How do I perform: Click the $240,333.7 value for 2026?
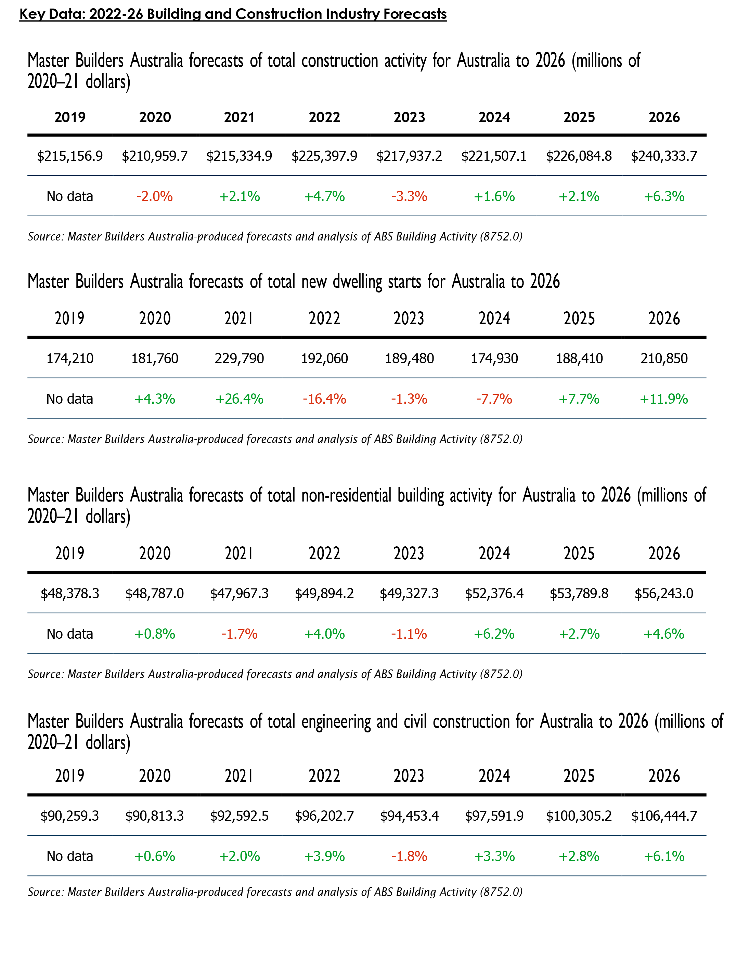[664, 156]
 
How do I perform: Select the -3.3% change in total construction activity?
[409, 197]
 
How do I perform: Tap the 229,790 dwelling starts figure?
[240, 358]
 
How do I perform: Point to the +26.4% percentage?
[240, 399]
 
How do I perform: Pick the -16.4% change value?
[325, 399]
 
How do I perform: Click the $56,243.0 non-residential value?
[664, 594]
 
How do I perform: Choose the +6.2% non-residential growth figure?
[494, 634]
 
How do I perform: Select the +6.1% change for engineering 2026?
[664, 856]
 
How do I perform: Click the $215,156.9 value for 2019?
[70, 156]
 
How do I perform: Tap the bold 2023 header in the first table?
[409, 117]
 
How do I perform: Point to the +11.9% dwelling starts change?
[664, 399]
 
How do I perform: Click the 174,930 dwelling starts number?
[494, 358]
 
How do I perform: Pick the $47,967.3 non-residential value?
[240, 594]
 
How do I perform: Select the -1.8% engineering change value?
[409, 856]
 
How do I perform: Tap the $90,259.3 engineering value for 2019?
[70, 816]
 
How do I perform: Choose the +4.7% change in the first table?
[325, 197]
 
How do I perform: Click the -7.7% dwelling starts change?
[494, 399]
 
